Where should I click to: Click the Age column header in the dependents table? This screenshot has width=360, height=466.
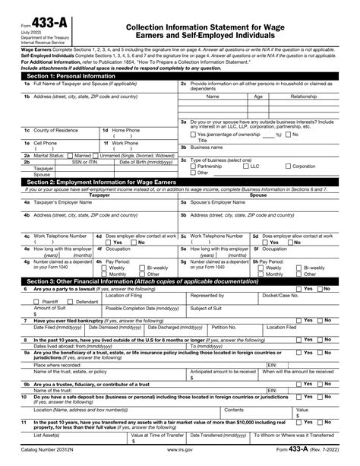point(258,97)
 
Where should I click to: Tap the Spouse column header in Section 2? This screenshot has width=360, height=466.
point(258,195)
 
